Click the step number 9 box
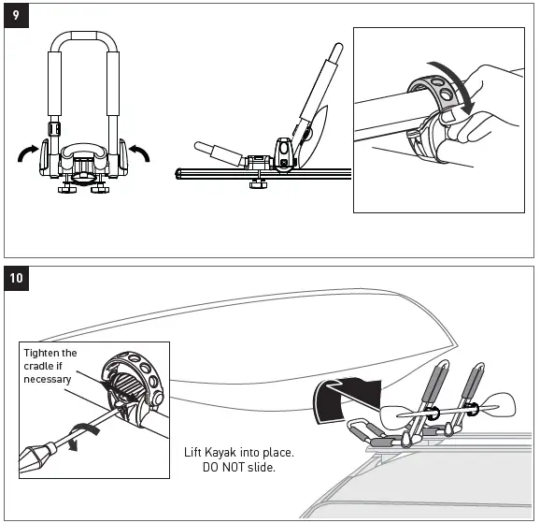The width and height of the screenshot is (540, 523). pos(15,15)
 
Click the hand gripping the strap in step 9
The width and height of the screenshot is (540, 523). pos(490,108)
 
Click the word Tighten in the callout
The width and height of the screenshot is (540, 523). pos(40,353)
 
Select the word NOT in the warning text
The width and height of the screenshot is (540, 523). pos(228,468)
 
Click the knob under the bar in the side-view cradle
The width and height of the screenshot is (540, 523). pos(255,182)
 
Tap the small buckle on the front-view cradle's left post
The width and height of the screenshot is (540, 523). pos(53,127)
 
